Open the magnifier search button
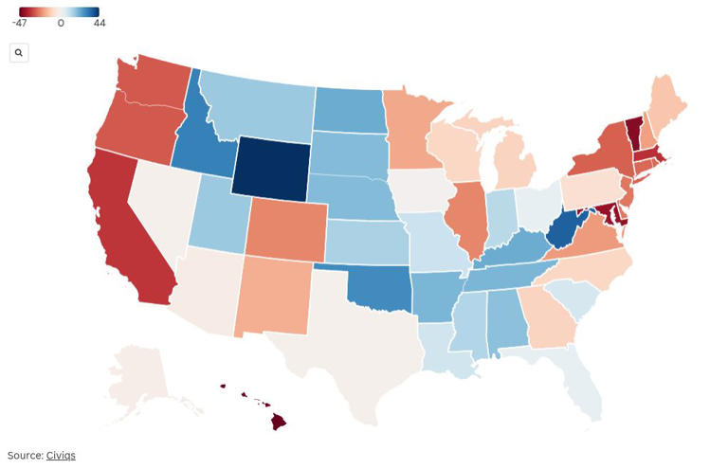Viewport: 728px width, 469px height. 19,53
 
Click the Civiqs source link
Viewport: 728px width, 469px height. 61,456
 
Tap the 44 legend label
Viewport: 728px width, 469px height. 99,23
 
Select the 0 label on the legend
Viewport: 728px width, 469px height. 61,23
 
